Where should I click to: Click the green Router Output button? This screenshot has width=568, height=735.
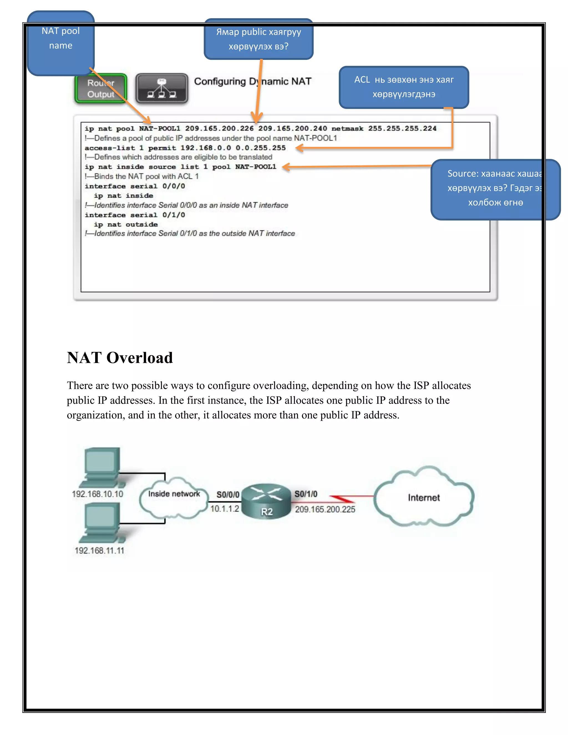[101, 88]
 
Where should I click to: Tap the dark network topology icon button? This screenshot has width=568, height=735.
[162, 88]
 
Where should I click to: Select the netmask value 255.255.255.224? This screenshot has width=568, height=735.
[402, 129]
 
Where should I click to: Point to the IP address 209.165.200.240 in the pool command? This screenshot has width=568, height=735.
[292, 129]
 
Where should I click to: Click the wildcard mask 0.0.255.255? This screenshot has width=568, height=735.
[260, 148]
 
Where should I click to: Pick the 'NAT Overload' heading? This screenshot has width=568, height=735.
[120, 358]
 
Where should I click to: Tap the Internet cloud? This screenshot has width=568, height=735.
[424, 497]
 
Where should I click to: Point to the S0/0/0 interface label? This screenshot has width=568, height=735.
[228, 494]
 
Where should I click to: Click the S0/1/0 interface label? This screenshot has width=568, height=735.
[306, 494]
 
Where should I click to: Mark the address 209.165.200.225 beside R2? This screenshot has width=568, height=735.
[325, 510]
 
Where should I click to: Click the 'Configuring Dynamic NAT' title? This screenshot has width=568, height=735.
[253, 82]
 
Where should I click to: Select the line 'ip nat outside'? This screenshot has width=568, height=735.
[126, 224]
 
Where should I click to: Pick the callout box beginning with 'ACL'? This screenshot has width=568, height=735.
[404, 87]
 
